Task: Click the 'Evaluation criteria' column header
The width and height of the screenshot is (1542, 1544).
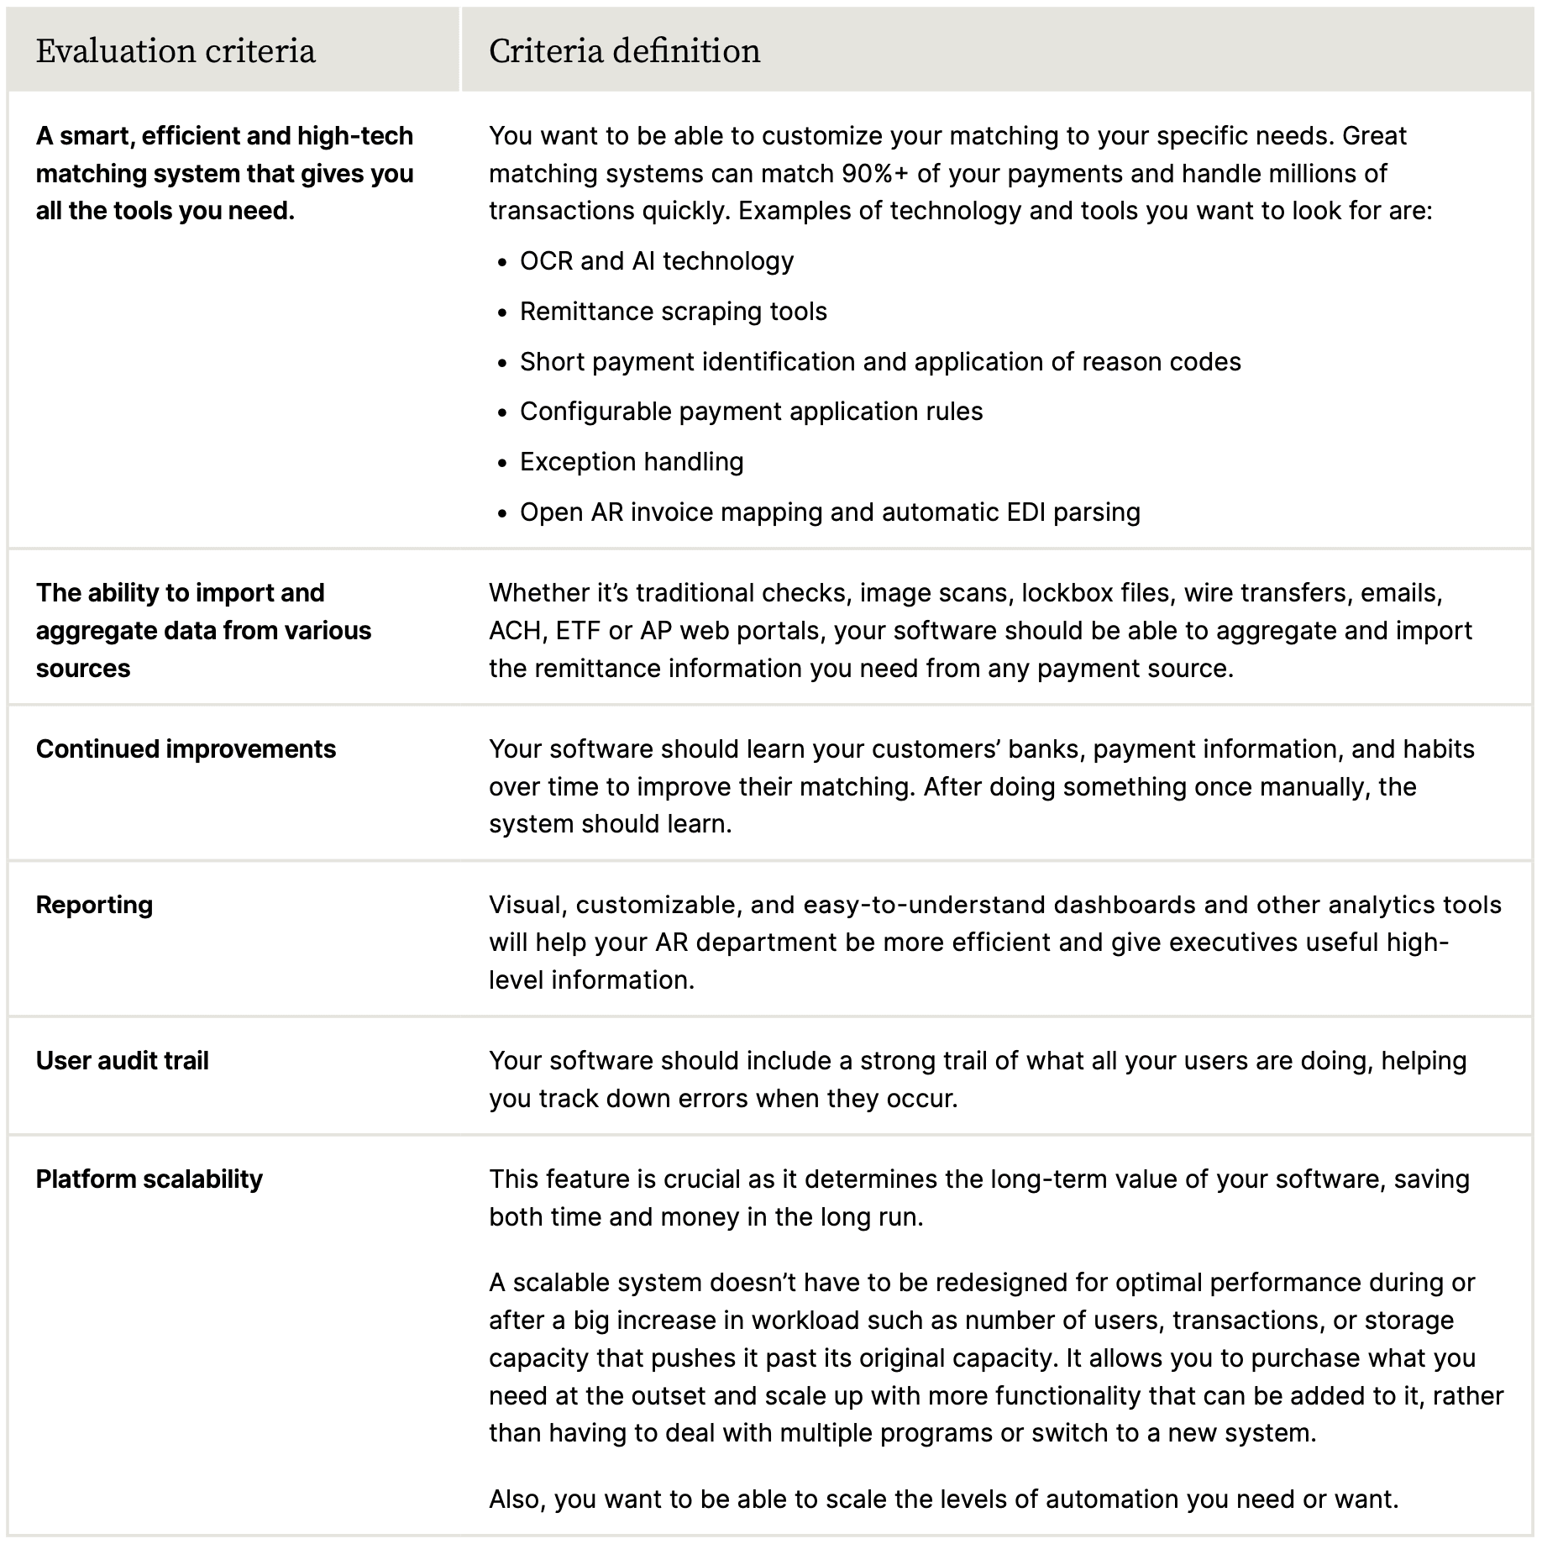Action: point(176,51)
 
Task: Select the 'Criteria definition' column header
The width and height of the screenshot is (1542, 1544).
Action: point(624,51)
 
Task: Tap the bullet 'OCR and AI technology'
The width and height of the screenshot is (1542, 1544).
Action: point(656,261)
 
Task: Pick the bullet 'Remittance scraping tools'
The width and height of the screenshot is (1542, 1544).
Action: point(673,312)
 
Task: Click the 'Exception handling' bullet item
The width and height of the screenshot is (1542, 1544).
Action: point(632,462)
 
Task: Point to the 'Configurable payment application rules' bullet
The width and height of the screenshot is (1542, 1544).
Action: point(751,412)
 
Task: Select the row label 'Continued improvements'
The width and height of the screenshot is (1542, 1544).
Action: point(186,749)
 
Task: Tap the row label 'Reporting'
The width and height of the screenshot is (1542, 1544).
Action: point(94,906)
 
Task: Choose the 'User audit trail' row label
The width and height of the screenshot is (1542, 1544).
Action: point(122,1061)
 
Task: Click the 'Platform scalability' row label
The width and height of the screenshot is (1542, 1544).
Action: point(149,1179)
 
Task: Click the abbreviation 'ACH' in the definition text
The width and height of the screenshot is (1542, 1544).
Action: point(515,631)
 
